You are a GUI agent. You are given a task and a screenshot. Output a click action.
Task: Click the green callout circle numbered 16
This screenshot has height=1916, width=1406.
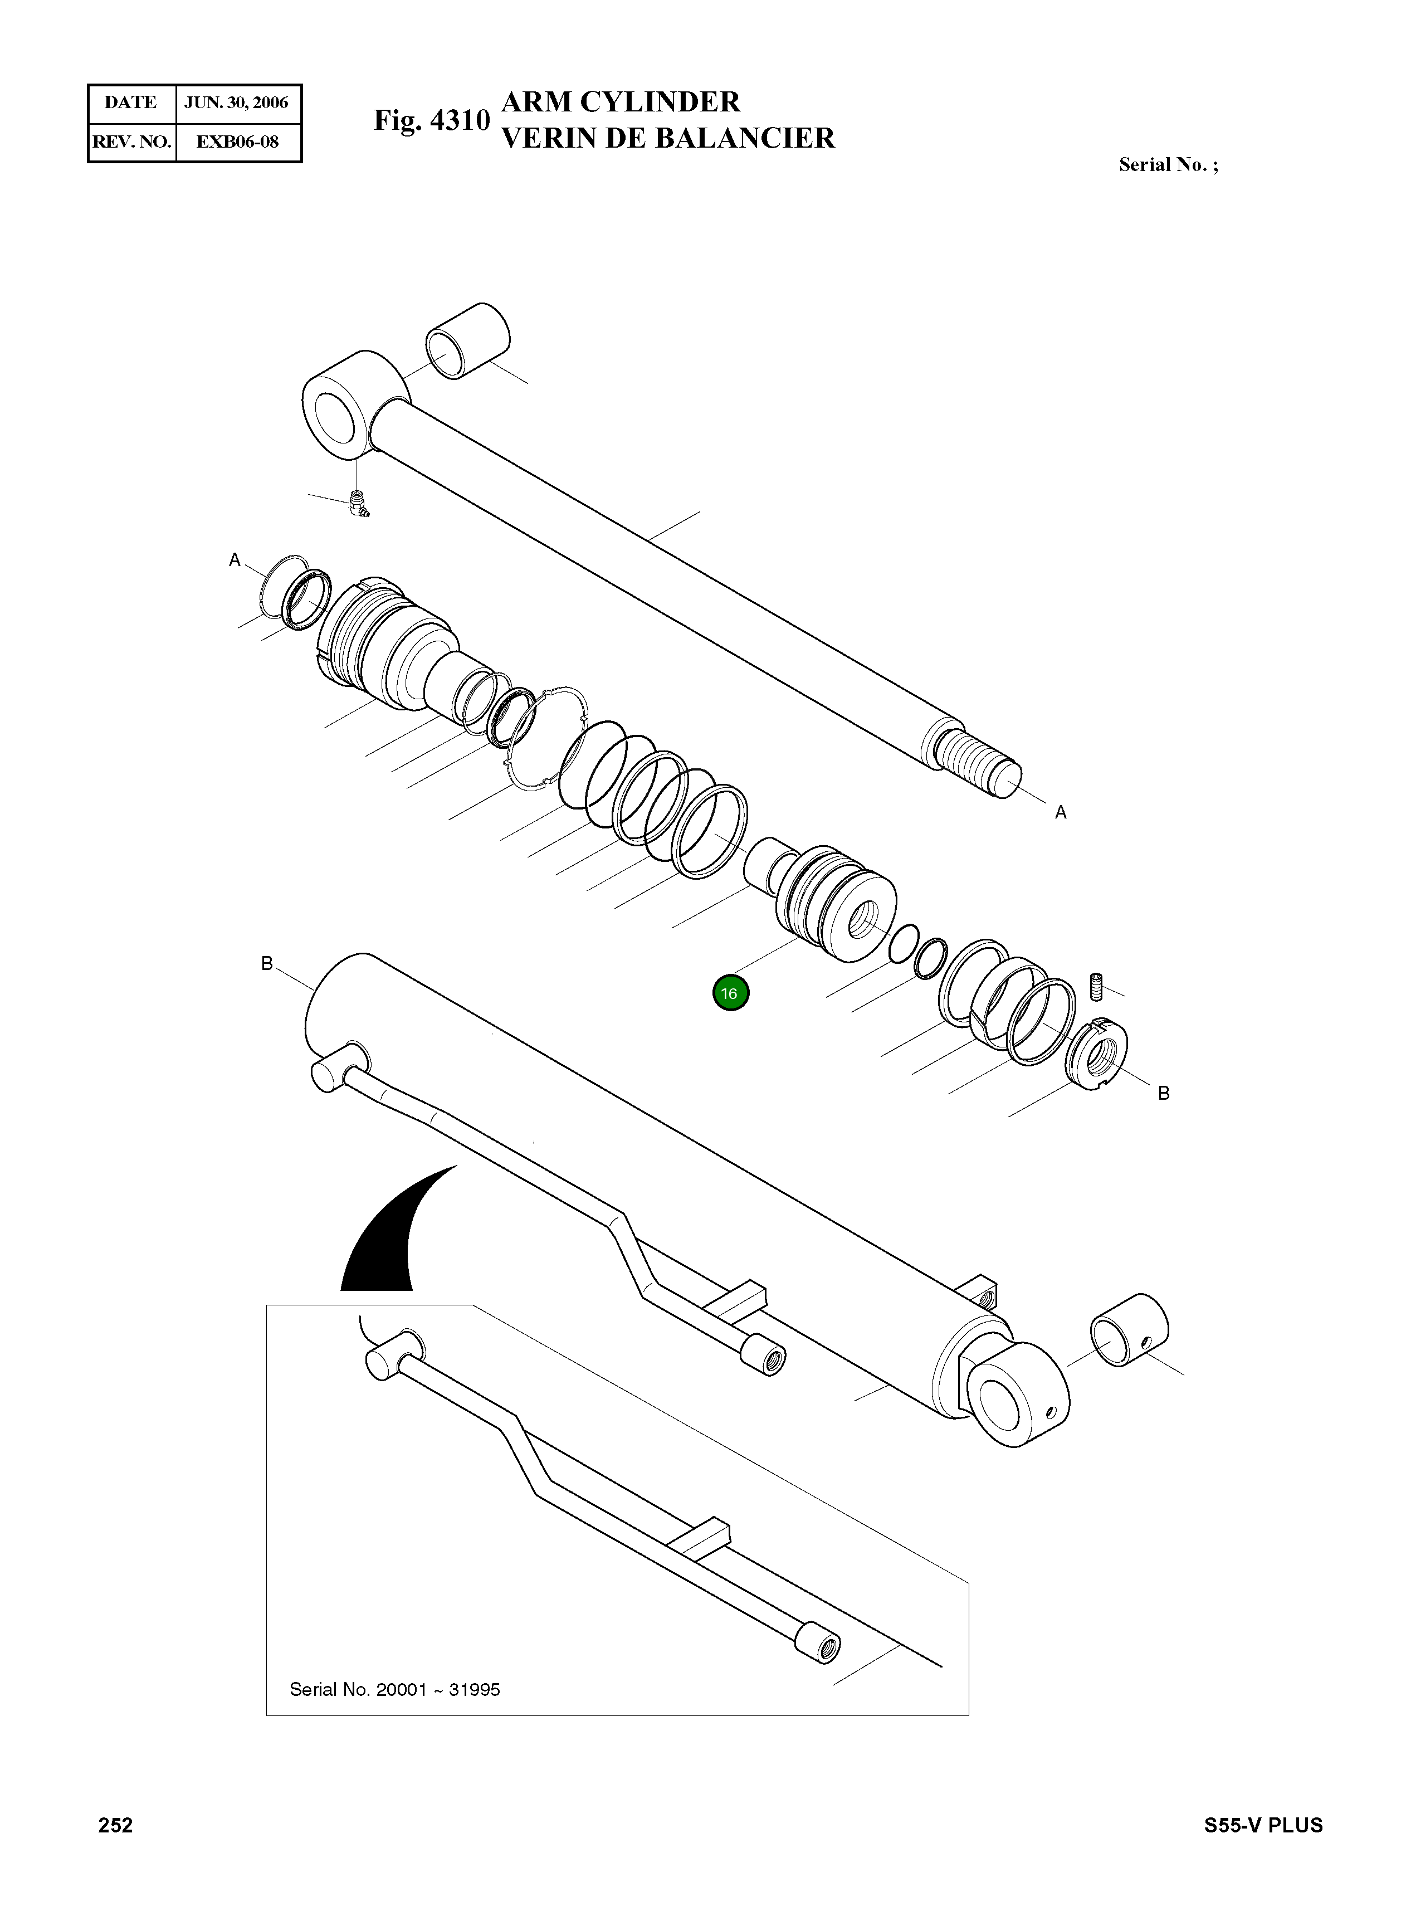pyautogui.click(x=730, y=992)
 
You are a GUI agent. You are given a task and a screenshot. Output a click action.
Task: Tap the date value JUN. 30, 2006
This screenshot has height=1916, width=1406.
pyautogui.click(x=237, y=103)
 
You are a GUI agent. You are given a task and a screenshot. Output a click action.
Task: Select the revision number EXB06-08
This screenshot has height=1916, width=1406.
pyautogui.click(x=237, y=142)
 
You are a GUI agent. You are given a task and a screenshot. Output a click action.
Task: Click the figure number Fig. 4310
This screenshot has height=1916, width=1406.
pyautogui.click(x=432, y=120)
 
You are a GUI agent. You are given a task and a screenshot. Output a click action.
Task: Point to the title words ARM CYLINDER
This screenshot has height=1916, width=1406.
pyautogui.click(x=621, y=102)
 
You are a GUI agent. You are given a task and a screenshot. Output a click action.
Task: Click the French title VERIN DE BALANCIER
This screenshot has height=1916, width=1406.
pyautogui.click(x=668, y=138)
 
